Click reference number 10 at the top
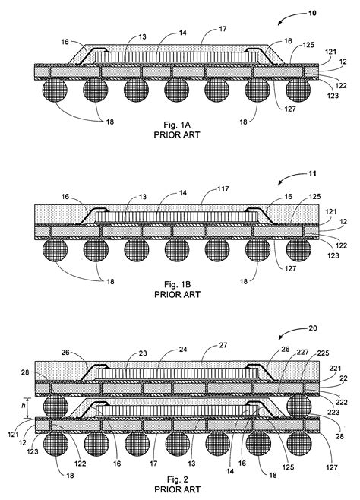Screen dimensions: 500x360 tap(333, 13)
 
